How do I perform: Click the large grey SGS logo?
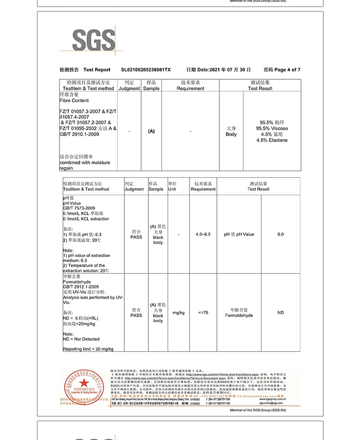[94, 40]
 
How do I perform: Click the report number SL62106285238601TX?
[146, 70]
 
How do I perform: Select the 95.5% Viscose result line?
[272, 129]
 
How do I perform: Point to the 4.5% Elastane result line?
[272, 140]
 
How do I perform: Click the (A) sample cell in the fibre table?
[151, 131]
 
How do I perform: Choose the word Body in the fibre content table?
[231, 134]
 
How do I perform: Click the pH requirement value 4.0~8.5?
[203, 234]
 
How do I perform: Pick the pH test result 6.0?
[280, 234]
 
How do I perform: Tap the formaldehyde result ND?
[280, 313]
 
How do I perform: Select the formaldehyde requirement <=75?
[203, 313]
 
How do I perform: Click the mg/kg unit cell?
[179, 313]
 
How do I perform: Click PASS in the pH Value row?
[136, 237]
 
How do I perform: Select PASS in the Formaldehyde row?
[136, 316]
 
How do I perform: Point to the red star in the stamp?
[84, 383]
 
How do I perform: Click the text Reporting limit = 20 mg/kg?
[88, 349]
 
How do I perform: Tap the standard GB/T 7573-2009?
[79, 208]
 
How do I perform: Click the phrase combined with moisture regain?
[84, 165]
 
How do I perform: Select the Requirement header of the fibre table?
[190, 88]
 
